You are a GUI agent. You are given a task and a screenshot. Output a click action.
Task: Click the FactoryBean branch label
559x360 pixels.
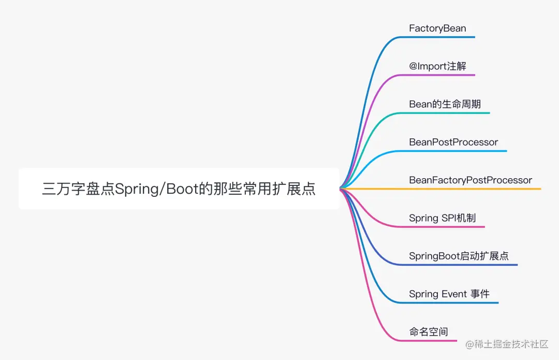[437, 28]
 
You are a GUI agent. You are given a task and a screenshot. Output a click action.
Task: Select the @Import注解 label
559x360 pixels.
[437, 66]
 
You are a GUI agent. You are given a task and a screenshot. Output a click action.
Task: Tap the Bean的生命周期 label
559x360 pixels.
[445, 104]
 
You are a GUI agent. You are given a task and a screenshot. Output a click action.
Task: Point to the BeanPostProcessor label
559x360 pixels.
[453, 142]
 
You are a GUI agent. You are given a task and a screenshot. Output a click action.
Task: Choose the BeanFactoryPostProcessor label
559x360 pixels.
[470, 180]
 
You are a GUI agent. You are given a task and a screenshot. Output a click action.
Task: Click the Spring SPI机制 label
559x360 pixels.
[442, 218]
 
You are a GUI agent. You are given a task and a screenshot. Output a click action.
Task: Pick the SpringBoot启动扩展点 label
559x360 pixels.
[459, 256]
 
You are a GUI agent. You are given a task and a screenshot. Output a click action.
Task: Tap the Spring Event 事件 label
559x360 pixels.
[449, 294]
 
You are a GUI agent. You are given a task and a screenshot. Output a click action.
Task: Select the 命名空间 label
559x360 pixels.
[428, 332]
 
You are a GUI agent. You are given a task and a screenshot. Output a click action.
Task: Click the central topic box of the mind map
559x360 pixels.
[179, 189]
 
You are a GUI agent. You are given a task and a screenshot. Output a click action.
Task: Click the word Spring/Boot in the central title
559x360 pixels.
[157, 189]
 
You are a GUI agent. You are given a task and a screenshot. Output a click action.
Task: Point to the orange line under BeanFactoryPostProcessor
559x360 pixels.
[466, 189]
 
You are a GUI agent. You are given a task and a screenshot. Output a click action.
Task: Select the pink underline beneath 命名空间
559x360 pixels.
[430, 341]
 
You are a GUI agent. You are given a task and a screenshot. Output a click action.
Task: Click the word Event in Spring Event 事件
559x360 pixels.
[454, 294]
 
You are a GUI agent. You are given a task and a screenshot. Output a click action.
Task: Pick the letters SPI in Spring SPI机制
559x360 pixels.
[448, 218]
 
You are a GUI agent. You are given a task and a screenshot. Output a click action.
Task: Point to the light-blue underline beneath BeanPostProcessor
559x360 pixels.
[455, 151]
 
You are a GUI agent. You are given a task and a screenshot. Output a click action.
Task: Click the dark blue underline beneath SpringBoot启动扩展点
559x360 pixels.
[461, 265]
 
